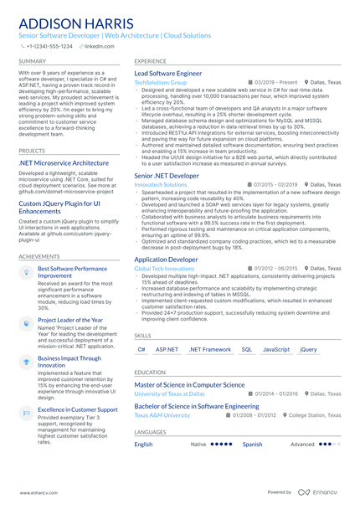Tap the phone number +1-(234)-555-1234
click(49, 46)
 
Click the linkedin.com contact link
click(100, 46)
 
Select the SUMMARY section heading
click(32, 61)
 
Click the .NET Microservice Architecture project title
click(64, 162)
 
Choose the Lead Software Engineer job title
click(168, 74)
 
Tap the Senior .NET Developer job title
click(167, 176)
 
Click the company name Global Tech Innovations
click(164, 268)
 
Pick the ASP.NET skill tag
click(167, 349)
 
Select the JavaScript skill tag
click(276, 349)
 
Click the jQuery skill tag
click(309, 349)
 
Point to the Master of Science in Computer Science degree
click(189, 384)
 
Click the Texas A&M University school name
click(162, 414)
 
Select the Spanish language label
click(252, 445)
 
